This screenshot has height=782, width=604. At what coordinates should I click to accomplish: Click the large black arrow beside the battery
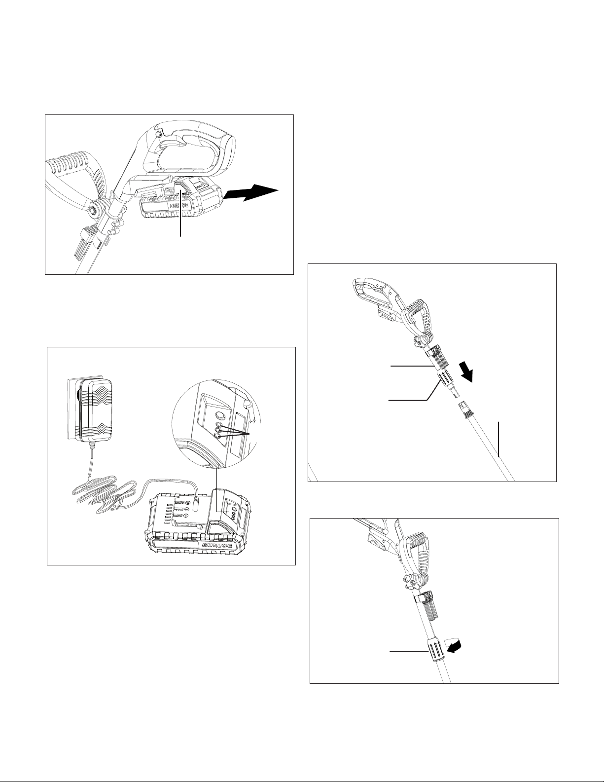pos(251,193)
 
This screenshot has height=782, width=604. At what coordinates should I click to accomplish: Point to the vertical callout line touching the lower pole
pos(498,439)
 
